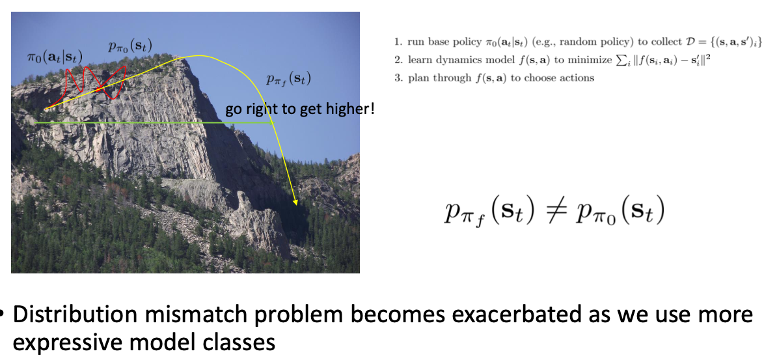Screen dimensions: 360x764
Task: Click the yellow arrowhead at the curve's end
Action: (296, 202)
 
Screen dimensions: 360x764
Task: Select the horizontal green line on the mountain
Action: (130, 122)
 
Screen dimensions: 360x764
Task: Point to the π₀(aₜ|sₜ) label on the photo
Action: (51, 57)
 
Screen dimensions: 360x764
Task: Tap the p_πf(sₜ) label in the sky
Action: (288, 79)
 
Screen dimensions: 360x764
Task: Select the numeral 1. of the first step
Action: (398, 43)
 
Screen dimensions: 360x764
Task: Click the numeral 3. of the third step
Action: (398, 78)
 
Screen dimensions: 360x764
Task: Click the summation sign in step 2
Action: (629, 61)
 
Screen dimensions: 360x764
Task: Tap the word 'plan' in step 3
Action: (419, 78)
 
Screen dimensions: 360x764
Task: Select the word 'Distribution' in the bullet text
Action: (68, 315)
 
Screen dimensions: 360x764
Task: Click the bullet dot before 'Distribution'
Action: (3, 316)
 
